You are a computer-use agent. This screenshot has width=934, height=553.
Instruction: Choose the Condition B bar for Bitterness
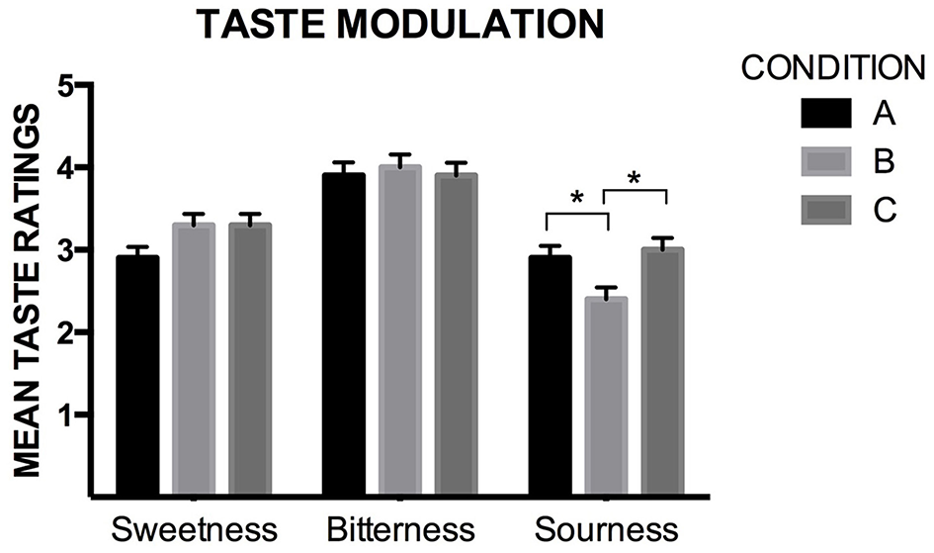[399, 330]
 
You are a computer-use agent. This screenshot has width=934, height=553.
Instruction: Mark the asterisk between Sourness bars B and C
[634, 179]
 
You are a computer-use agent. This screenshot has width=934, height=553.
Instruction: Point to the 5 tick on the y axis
[67, 86]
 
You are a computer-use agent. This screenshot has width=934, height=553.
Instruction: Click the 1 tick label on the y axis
[67, 415]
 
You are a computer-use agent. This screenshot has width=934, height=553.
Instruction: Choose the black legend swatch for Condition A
[825, 115]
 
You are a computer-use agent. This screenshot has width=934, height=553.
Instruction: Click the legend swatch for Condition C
[825, 209]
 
